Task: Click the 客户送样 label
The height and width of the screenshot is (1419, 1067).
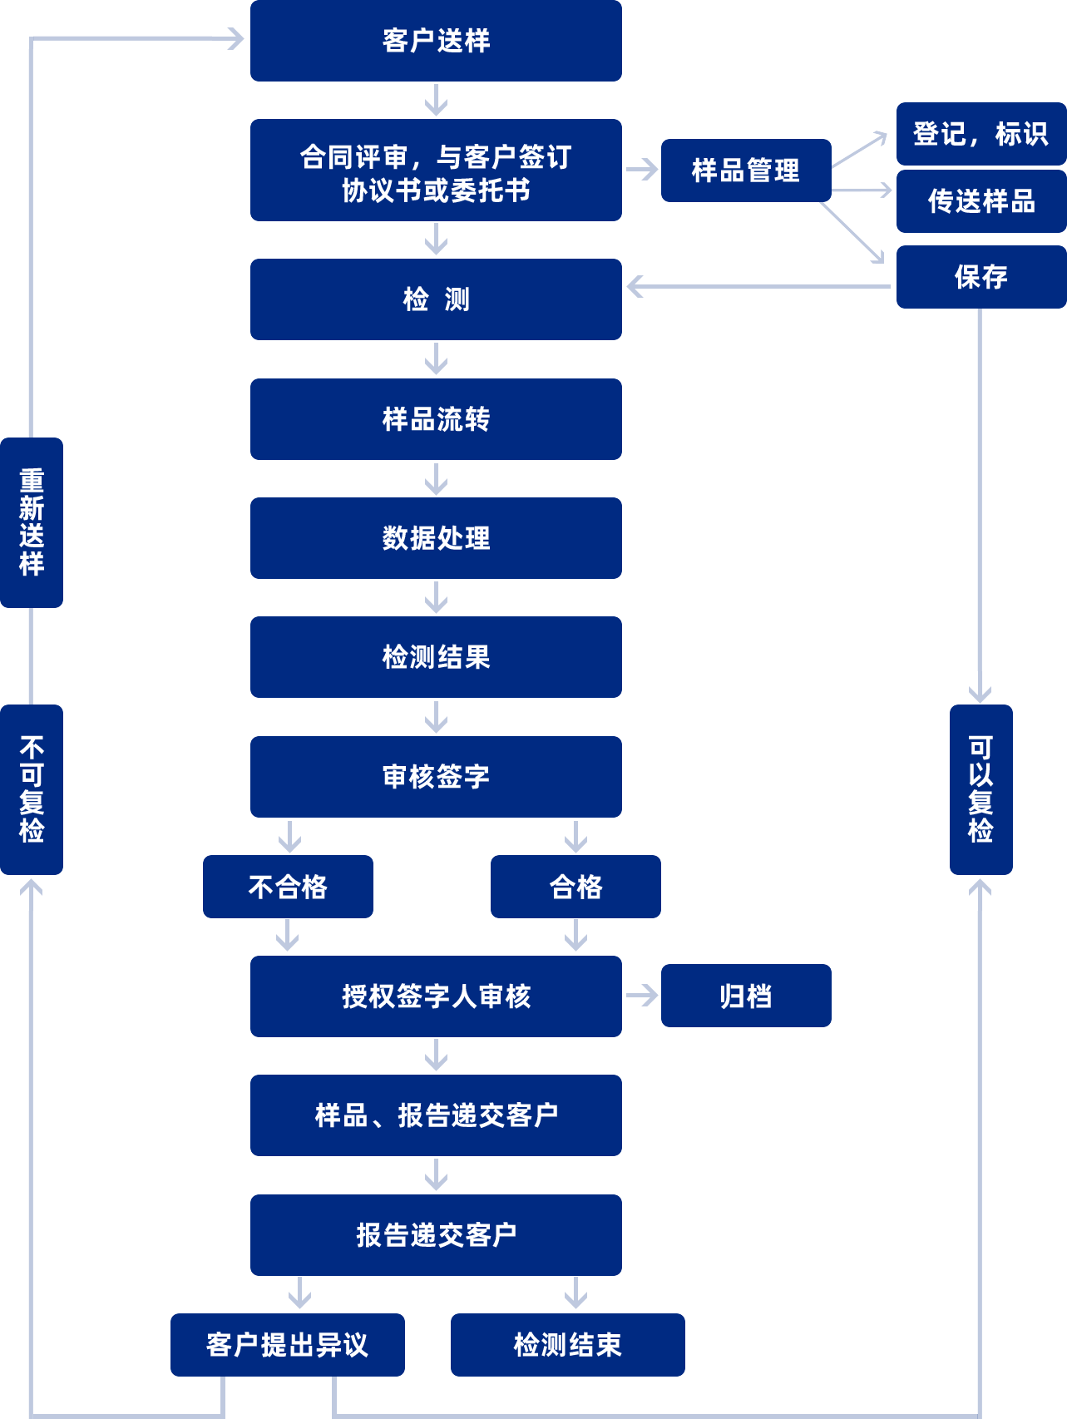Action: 436,41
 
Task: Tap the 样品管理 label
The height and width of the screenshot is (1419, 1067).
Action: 745,171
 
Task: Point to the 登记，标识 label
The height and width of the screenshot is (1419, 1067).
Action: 980,134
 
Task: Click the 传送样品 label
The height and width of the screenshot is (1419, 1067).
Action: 981,201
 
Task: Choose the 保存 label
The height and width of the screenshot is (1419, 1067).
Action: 981,277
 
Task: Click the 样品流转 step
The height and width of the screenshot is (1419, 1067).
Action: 436,419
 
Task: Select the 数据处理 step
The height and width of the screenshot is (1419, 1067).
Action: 436,538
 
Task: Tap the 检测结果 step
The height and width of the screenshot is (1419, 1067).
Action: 436,657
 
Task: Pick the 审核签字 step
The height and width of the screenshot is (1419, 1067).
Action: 436,777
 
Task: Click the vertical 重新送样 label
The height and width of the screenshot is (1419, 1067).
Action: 32,522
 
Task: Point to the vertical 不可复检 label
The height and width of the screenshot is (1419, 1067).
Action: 32,789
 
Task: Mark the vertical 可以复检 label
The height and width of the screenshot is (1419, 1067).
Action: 981,789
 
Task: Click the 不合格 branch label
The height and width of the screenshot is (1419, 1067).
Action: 288,887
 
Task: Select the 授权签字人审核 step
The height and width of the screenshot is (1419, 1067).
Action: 436,996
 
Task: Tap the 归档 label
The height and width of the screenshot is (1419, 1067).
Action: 745,996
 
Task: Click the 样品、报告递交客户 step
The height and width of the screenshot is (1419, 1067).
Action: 436,1115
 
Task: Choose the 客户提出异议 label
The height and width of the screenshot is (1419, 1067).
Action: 287,1345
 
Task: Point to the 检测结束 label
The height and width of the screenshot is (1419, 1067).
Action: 567,1345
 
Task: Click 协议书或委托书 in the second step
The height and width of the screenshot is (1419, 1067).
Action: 436,191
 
